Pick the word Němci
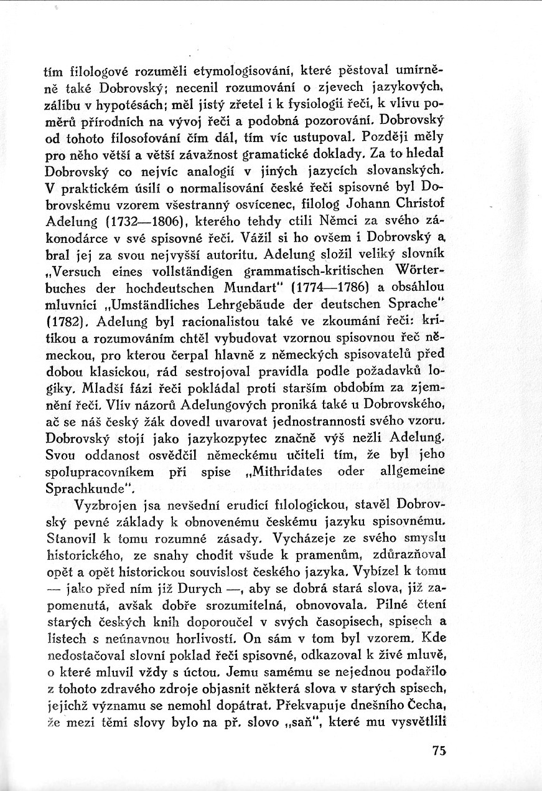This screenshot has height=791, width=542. (332, 220)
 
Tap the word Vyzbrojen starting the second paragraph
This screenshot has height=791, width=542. (110, 505)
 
